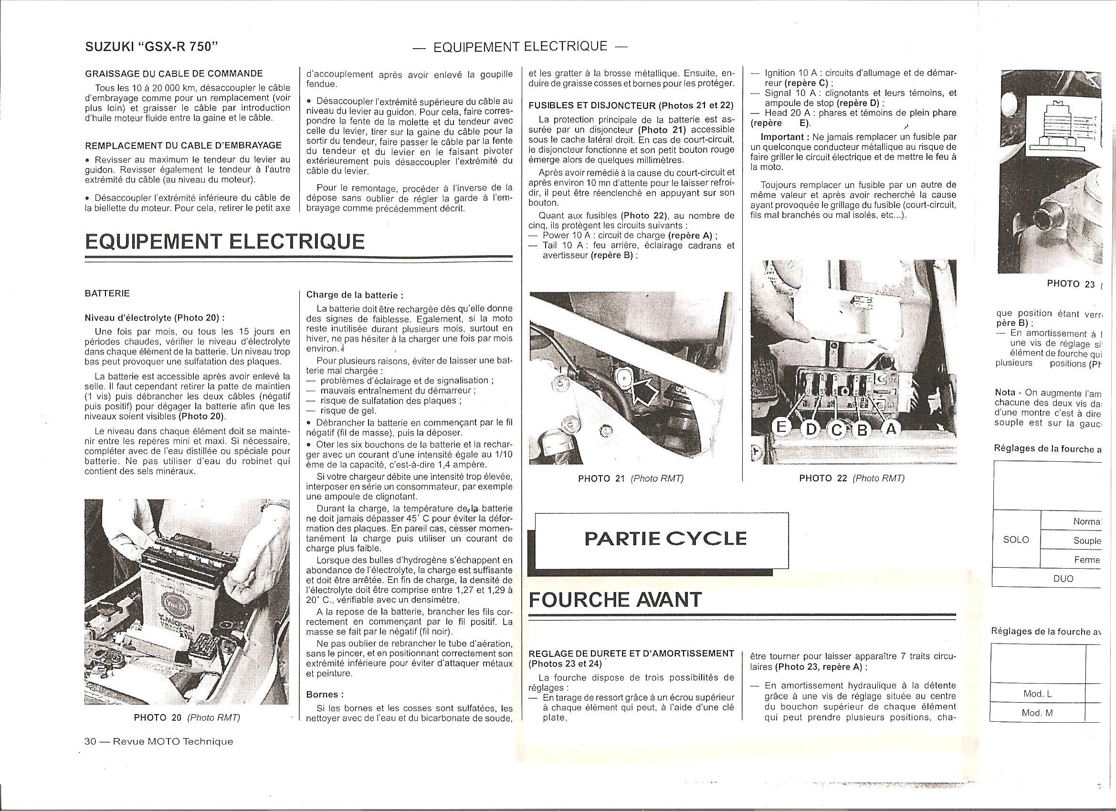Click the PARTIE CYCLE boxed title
(x=665, y=539)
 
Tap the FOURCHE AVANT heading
(x=615, y=600)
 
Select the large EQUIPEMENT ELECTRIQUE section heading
(x=225, y=241)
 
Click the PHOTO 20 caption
(x=187, y=717)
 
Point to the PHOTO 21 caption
(x=631, y=478)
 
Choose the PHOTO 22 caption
(x=852, y=478)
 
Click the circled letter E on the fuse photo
(x=780, y=427)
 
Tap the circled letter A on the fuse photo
(x=890, y=429)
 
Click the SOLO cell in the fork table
(x=1016, y=540)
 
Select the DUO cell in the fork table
(x=1063, y=578)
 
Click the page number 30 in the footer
(x=90, y=742)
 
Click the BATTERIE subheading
(x=107, y=293)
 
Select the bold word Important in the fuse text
(x=781, y=136)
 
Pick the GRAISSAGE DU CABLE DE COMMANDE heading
(x=174, y=74)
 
